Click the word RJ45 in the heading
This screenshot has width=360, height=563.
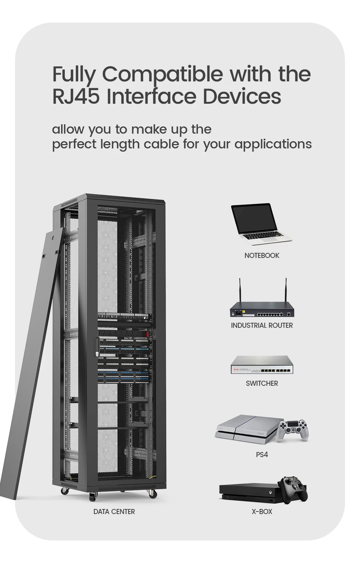(76, 97)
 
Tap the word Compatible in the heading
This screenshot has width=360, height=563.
(162, 74)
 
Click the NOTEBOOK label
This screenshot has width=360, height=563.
(262, 255)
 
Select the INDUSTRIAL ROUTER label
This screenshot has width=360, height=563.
(262, 325)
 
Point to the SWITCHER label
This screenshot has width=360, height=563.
(262, 383)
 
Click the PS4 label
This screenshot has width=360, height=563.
(262, 455)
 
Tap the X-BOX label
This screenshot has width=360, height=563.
(262, 511)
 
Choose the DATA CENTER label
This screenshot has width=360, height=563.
(114, 511)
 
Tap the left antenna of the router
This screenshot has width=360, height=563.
(239, 290)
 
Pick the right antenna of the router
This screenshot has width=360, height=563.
(286, 290)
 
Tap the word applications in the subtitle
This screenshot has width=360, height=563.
(273, 144)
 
